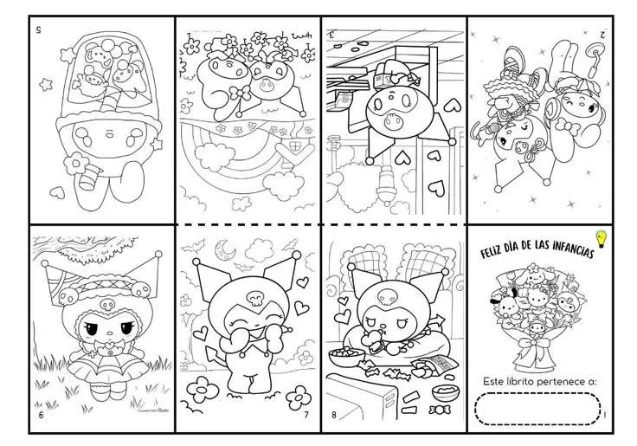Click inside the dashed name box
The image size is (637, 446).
coord(537,409)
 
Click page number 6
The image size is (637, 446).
coord(41,415)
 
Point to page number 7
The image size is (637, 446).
coord(306,415)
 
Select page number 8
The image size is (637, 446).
coord(334,415)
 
